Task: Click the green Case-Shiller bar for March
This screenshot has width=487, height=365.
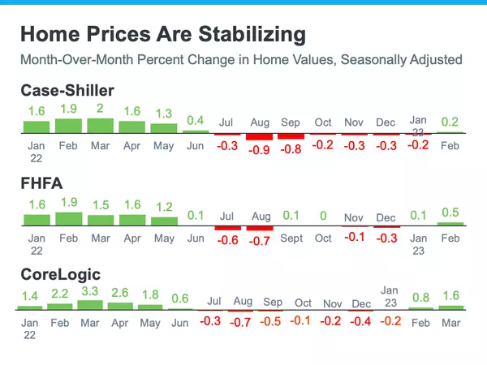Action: [x=100, y=126]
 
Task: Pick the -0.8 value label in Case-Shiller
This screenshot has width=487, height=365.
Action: [x=291, y=149]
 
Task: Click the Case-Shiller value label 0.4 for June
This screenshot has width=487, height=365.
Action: [x=196, y=121]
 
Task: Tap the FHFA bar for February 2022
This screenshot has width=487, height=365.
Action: [x=68, y=219]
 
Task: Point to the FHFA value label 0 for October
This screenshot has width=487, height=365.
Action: [x=323, y=217]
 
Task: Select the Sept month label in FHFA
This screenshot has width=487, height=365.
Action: [x=291, y=238]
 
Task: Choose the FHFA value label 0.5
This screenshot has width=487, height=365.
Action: [x=450, y=213]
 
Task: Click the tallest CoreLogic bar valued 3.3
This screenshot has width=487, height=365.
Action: [x=91, y=304]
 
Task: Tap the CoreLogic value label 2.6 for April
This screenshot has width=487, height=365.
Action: [x=120, y=293]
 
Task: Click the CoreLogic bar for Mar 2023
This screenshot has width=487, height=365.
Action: [x=450, y=307]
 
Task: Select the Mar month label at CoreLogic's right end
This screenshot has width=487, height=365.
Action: [x=450, y=322]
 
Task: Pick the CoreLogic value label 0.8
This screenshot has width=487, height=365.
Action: [x=421, y=297]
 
